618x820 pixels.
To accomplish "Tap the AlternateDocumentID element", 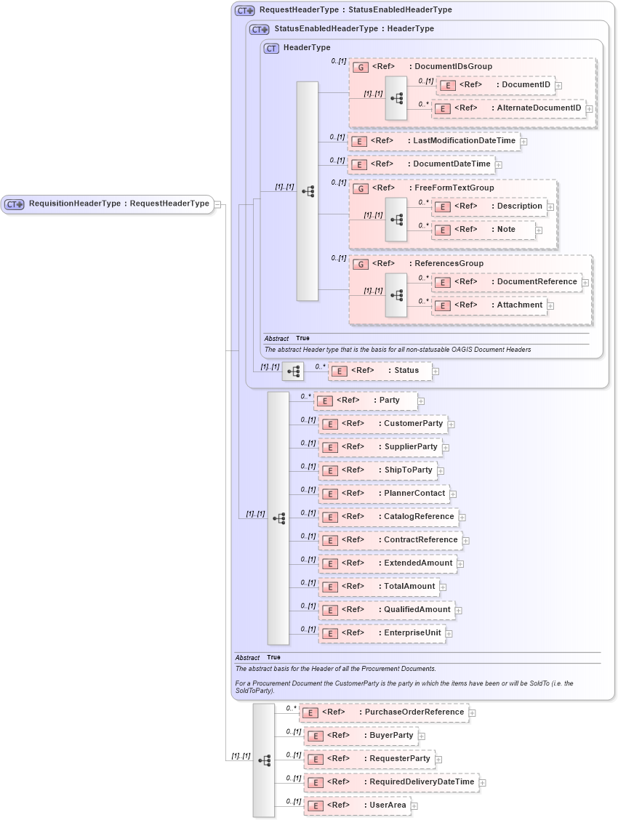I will pos(508,108).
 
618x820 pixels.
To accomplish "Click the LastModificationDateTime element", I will pos(434,141).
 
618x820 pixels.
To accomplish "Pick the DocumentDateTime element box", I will pos(421,164).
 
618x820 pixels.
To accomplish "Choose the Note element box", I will pos(483,230).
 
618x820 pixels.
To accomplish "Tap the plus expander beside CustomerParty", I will pos(451,424).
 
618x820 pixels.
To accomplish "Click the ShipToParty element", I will pos(378,470).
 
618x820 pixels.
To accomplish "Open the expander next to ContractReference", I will pos(466,540).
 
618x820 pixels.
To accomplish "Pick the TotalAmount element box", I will pos(380,587).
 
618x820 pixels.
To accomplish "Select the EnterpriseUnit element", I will pos(382,633).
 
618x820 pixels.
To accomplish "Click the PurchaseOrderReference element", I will pos(384,712).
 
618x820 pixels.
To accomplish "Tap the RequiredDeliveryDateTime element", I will pos(391,782).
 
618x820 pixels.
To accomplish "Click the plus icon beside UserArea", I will pos(414,805).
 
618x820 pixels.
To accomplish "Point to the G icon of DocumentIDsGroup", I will pos(360,67).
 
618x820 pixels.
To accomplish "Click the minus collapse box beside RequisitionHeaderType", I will pos(217,204).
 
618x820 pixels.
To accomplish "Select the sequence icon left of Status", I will pos(293,371).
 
